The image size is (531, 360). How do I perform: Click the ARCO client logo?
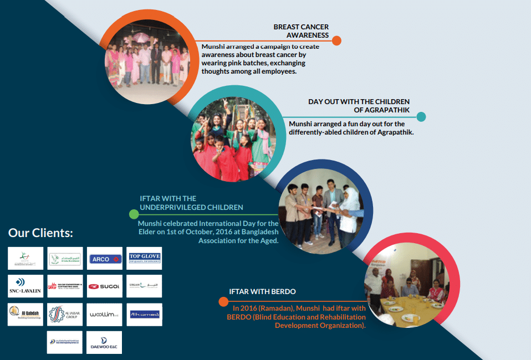tap(105, 259)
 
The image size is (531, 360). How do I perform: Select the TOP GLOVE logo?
tap(144, 258)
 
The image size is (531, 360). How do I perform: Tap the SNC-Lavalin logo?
tap(25, 286)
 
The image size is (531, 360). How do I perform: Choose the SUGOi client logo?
tap(105, 286)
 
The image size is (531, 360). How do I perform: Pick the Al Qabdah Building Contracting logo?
tap(25, 314)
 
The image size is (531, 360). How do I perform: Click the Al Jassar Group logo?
tap(65, 314)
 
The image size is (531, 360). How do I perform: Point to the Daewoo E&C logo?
tap(105, 343)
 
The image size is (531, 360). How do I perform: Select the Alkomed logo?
tap(144, 314)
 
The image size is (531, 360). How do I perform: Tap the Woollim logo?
tap(105, 314)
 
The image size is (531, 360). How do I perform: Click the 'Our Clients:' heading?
tap(40, 233)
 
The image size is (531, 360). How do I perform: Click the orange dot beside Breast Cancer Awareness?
tap(336, 40)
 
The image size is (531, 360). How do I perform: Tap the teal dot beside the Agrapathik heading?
tap(421, 116)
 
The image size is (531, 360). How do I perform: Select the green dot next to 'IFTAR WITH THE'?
tap(134, 214)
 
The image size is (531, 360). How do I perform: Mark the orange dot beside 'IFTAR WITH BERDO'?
tap(223, 301)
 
